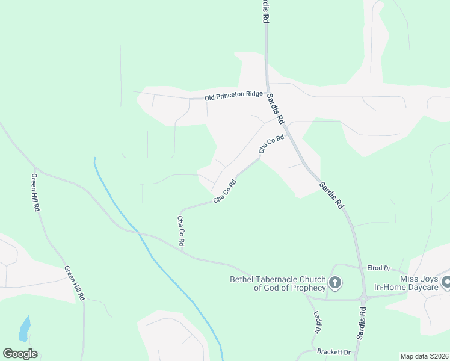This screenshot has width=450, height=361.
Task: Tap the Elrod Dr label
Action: tap(379, 268)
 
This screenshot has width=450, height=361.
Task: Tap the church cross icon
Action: tap(335, 282)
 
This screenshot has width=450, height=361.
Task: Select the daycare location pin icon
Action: tap(446, 282)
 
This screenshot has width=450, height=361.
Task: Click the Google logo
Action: tap(20, 354)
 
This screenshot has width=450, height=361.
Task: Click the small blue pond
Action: tap(25, 329)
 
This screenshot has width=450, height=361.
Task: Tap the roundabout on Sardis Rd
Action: tap(363, 298)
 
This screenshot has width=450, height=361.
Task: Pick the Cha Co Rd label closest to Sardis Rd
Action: tap(271, 144)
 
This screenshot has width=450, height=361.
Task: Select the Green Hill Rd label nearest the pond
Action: tap(75, 284)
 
